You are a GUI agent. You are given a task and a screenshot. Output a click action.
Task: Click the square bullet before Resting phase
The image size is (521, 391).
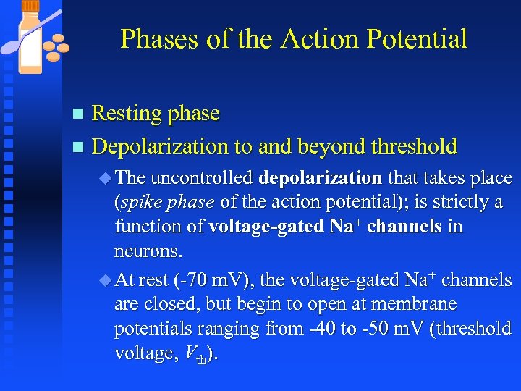point(79,114)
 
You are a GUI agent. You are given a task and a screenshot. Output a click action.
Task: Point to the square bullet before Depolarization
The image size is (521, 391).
point(79,147)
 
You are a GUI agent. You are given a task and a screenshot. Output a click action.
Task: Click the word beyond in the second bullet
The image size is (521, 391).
point(331,146)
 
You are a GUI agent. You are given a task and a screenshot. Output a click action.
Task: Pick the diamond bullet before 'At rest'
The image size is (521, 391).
point(108,280)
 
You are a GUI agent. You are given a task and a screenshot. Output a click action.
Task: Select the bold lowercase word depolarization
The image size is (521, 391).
point(321,178)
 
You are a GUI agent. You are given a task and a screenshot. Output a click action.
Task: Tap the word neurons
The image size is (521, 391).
point(148,251)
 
